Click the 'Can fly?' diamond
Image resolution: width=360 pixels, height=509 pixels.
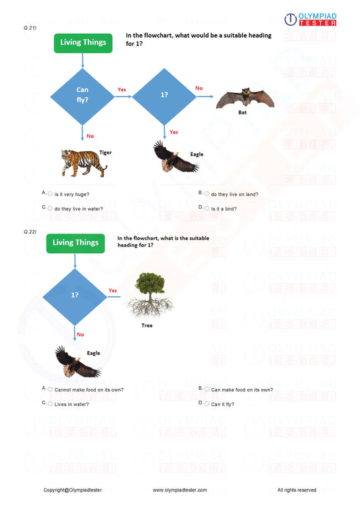click(x=82, y=96)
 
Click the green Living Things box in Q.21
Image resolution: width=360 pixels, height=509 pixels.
click(x=83, y=43)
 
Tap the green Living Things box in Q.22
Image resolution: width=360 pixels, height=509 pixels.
click(x=75, y=243)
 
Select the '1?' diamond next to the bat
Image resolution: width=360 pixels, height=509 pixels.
click(x=163, y=96)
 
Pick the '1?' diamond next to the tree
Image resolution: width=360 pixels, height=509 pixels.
click(x=75, y=295)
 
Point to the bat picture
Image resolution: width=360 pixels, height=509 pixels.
click(x=245, y=98)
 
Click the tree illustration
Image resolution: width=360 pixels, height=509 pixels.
click(x=149, y=295)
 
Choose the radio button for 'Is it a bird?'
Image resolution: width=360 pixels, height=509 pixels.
click(x=207, y=208)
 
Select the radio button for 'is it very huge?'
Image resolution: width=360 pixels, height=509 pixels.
click(x=50, y=194)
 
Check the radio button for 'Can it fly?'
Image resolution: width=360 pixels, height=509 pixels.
click(x=207, y=403)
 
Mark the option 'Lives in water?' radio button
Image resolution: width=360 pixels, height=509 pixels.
click(x=50, y=404)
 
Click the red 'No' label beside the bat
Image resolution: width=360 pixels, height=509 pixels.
click(x=199, y=88)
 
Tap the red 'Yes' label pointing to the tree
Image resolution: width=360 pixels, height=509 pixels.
click(x=113, y=291)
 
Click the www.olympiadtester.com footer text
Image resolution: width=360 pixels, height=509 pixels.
click(x=180, y=489)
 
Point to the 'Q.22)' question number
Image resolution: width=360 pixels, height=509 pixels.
click(x=30, y=232)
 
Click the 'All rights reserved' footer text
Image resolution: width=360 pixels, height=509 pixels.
click(x=297, y=489)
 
